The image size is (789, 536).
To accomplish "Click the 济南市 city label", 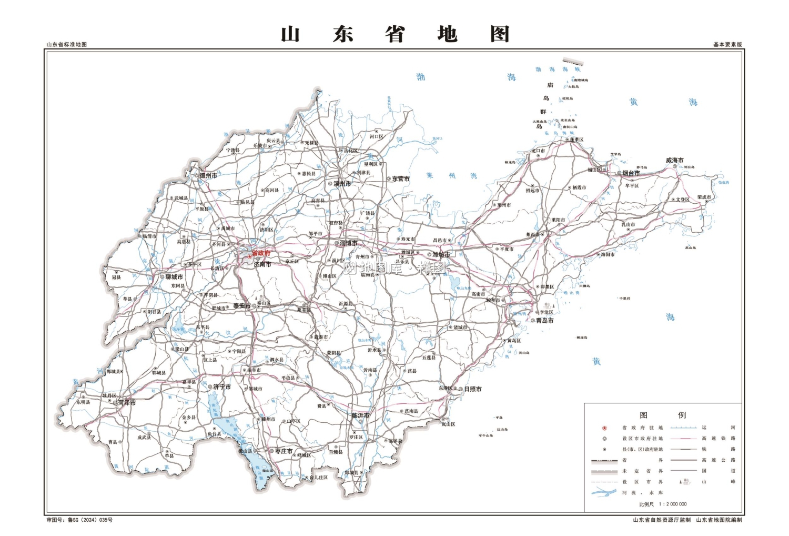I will click(x=262, y=264).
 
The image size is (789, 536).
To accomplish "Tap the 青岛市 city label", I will click(x=544, y=320).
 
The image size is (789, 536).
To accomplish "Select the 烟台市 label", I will click(x=631, y=173).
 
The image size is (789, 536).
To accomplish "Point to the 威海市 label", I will click(x=674, y=160).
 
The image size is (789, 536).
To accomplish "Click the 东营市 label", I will click(x=400, y=179).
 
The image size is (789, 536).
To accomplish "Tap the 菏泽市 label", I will click(x=127, y=402).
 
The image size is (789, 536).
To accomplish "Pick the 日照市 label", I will click(x=472, y=389).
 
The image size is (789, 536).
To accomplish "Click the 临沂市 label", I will click(x=360, y=415).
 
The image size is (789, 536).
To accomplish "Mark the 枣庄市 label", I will click(x=284, y=451).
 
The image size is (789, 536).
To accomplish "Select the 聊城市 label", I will click(x=174, y=276).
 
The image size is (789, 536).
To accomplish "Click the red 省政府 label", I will click(x=260, y=253).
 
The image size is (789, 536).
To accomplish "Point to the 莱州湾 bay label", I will click(x=451, y=176).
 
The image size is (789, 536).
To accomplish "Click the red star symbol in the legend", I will click(x=604, y=428).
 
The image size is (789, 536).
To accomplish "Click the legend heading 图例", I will click(x=662, y=415).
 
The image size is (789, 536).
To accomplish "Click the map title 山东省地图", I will click(x=394, y=34).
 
